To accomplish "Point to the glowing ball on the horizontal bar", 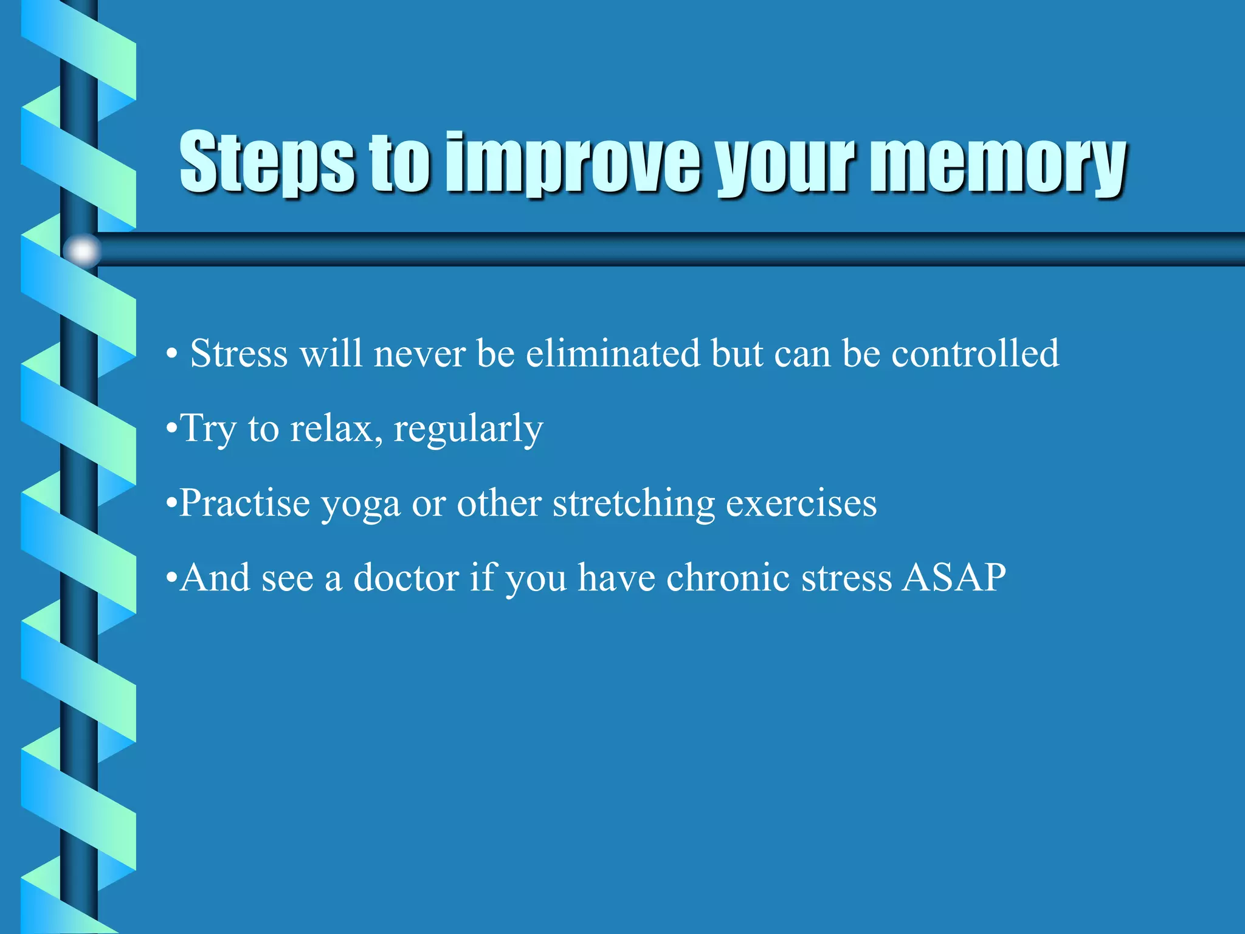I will click(x=82, y=251).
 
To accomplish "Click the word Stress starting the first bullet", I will click(x=239, y=353).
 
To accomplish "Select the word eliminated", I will click(x=612, y=353).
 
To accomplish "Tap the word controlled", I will click(x=975, y=353).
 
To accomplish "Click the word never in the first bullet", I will click(x=419, y=355).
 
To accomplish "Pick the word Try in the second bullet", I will click(x=209, y=429).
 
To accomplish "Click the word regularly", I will click(x=468, y=429).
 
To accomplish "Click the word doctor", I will click(x=406, y=577).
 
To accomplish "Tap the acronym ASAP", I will click(x=953, y=577).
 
